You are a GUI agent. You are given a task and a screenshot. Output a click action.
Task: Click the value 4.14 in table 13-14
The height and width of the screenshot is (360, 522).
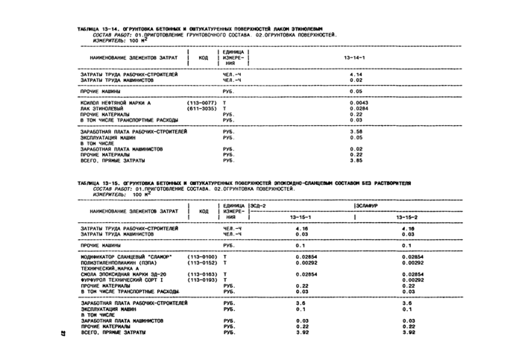pyautogui.click(x=355, y=74)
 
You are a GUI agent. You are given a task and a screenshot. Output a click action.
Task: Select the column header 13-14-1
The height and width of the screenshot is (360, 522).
pyautogui.click(x=353, y=57)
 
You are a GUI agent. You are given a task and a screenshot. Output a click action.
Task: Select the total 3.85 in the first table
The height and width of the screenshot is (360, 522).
pyautogui.click(x=355, y=160)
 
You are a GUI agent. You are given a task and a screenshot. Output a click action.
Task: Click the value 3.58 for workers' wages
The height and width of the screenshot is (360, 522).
pyautogui.click(x=355, y=131)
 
